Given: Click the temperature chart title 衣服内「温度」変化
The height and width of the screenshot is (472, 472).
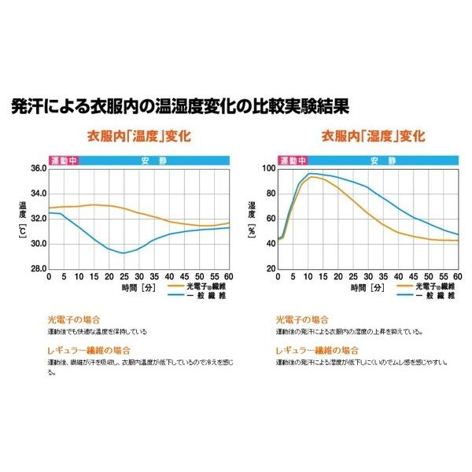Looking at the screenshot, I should tap(139, 135).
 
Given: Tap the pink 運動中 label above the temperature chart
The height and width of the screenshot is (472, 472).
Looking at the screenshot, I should tap(63, 160).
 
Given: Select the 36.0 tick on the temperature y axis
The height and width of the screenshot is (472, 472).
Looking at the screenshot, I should tap(36, 168).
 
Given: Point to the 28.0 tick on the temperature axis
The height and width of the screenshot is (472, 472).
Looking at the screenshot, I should tap(36, 268).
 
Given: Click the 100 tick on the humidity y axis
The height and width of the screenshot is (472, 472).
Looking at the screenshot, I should tap(268, 168).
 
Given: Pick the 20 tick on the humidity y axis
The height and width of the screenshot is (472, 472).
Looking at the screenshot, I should tap(270, 268).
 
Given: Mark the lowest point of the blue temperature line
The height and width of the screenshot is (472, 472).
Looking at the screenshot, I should tap(123, 253).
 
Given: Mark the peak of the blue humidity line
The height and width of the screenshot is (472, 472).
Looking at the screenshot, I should tap(312, 173).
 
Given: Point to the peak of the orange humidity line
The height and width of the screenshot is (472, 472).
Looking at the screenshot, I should tap(313, 177).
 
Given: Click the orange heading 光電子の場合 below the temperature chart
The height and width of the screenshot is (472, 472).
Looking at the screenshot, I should tap(75, 321).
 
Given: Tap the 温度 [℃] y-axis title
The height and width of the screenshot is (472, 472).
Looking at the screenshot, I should tap(23, 217).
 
